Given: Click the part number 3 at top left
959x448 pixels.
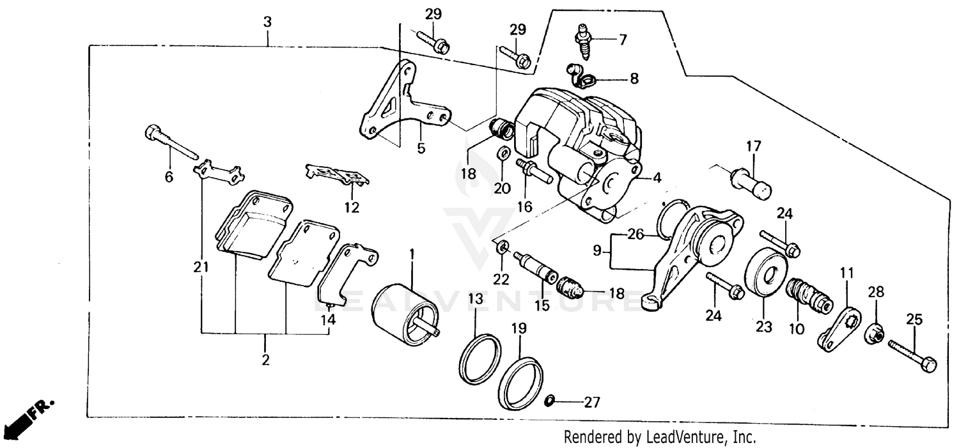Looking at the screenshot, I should tap(267, 22).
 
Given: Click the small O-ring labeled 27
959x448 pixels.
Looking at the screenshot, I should tap(549, 401).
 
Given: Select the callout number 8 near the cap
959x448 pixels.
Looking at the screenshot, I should tap(634, 79).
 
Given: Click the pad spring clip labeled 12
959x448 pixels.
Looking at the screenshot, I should tap(338, 174).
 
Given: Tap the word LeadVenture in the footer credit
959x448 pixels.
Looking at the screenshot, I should tap(685, 437).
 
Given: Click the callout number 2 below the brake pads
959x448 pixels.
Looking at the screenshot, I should tap(265, 360).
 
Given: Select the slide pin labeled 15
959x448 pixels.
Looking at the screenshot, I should tap(537, 269).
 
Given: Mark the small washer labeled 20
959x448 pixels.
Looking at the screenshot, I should tap(503, 153).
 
